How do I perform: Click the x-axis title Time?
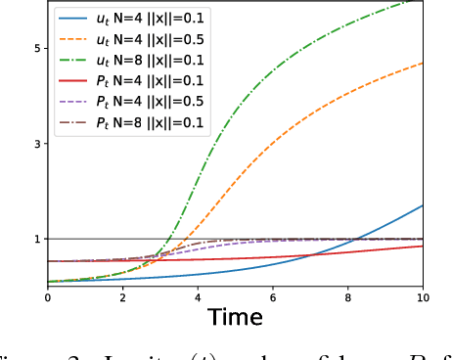click(235, 316)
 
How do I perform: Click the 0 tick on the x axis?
click(47, 294)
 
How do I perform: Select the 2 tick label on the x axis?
click(122, 294)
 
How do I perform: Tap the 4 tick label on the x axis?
click(198, 294)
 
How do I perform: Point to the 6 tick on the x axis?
click(273, 294)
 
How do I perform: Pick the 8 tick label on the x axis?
click(348, 294)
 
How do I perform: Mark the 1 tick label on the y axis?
click(35, 239)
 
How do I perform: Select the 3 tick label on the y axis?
click(35, 144)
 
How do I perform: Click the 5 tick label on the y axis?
click(35, 48)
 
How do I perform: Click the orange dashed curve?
click(294, 127)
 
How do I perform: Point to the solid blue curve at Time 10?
click(423, 205)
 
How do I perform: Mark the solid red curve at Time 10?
click(423, 246)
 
